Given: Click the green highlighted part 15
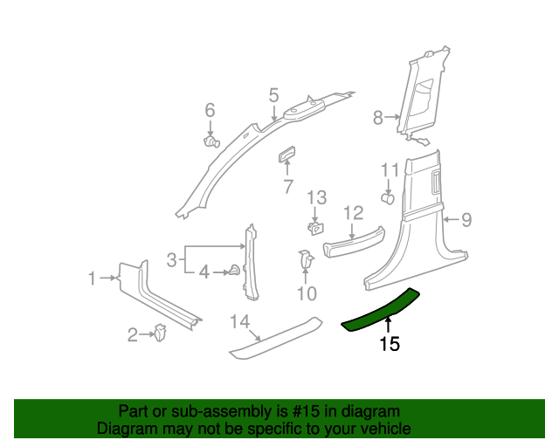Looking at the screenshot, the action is point(382,310).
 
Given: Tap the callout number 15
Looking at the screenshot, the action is point(390,345).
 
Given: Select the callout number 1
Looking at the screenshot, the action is point(92,279).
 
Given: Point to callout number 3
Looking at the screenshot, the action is point(173,259).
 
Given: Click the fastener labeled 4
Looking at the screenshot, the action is point(234,272).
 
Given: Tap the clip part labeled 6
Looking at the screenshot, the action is point(210,141).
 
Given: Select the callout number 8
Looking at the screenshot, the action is point(378,117).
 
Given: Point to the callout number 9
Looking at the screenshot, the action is point(466,220).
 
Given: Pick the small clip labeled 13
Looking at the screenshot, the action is point(314,229).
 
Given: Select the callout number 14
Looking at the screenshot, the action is point(239,323).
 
